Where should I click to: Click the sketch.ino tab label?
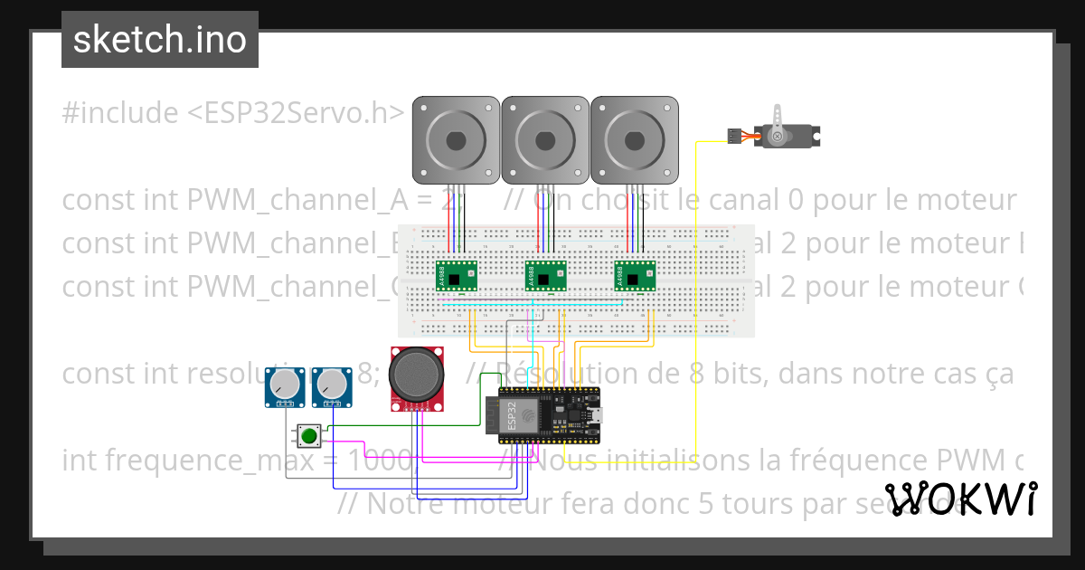click(160, 40)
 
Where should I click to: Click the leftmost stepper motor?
click(456, 139)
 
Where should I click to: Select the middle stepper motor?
click(544, 139)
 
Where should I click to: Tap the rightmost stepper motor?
click(633, 139)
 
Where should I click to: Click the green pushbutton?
click(309, 436)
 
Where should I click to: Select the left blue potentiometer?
click(285, 386)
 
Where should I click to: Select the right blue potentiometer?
click(331, 386)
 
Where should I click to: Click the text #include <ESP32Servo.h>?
click(233, 113)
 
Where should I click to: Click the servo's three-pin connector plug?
click(733, 136)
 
